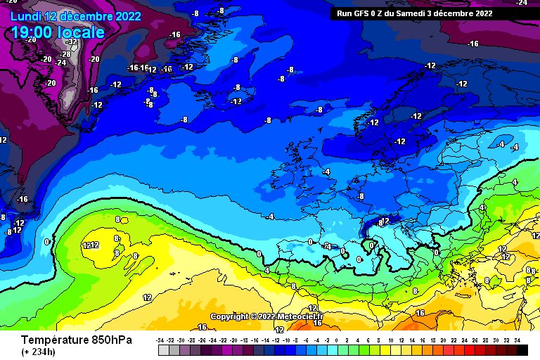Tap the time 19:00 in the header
click(x=34, y=32)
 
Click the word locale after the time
click(x=82, y=32)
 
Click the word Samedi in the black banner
click(x=411, y=13)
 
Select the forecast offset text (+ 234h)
click(x=39, y=352)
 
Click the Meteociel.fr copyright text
click(x=266, y=316)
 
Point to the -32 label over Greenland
click(x=71, y=42)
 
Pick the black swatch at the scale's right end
click(x=521, y=349)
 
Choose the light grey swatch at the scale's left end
click(x=163, y=349)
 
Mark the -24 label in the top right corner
click(x=522, y=4)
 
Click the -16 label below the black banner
click(x=473, y=44)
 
